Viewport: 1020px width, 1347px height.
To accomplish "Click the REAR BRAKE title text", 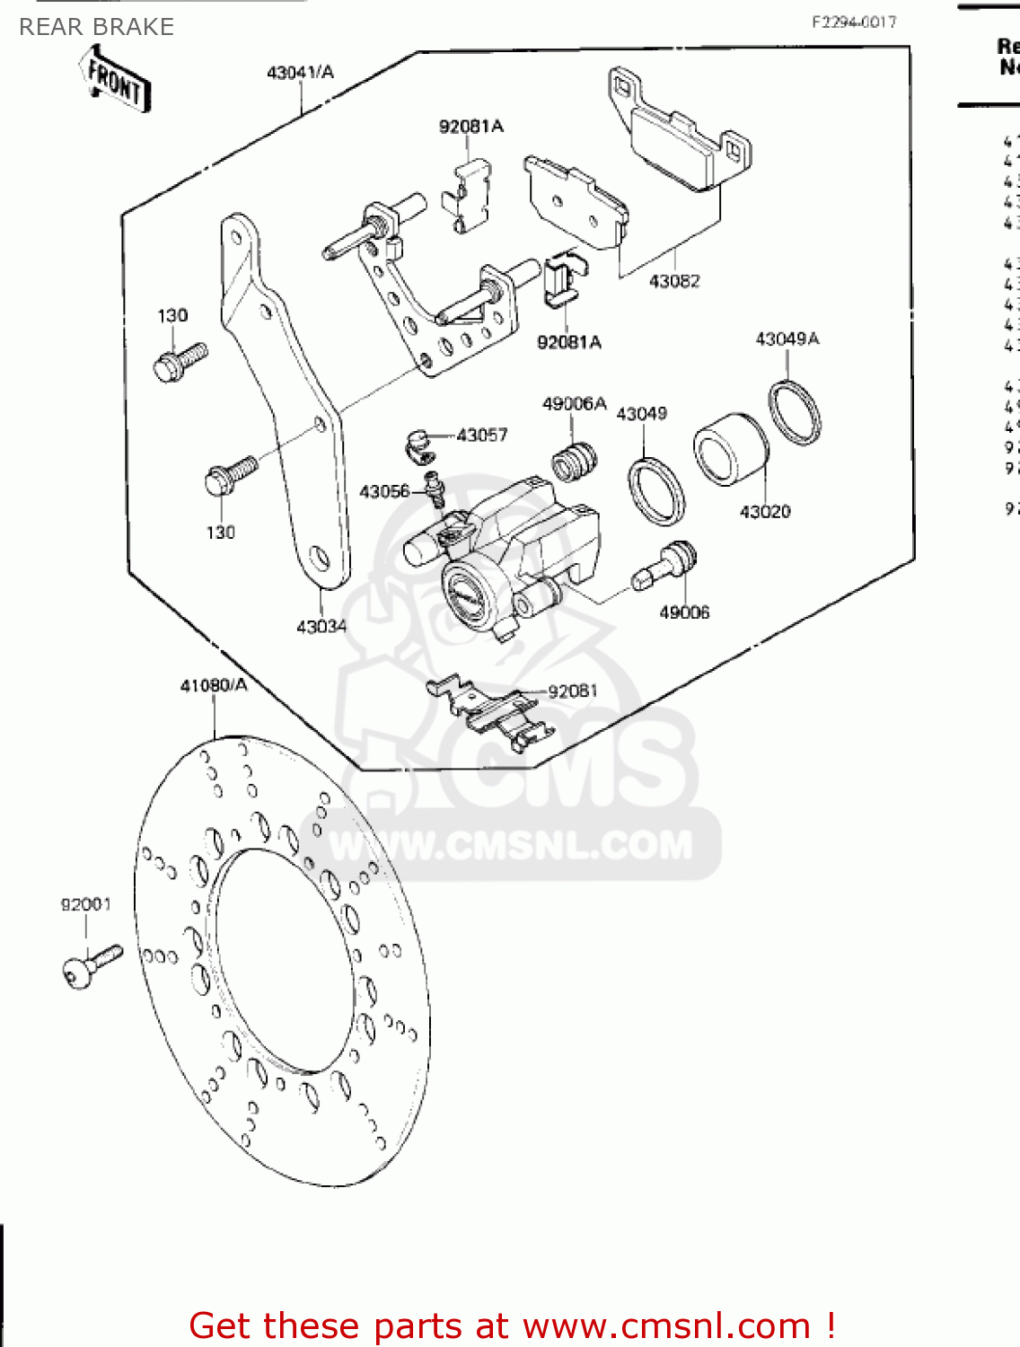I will [x=96, y=27].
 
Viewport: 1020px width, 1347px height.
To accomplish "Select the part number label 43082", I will [x=674, y=281].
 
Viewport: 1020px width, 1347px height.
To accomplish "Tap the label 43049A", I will [x=787, y=339].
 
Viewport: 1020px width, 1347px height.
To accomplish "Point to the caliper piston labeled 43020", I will [x=729, y=449].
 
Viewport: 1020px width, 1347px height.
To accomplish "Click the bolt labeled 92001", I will [x=89, y=964].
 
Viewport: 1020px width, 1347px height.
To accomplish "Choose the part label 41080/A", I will [x=214, y=685].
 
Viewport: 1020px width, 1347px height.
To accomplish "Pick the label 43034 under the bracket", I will [x=321, y=626].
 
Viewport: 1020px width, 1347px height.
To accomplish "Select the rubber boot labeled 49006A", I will [x=575, y=460].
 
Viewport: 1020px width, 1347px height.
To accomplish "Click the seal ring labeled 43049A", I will [x=795, y=412].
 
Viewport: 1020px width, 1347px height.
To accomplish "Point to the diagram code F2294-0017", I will [x=854, y=22].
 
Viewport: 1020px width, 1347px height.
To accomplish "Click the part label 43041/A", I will [x=300, y=72].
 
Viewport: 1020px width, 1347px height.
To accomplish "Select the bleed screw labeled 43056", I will [x=435, y=489].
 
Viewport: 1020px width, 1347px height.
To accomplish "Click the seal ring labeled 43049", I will [x=655, y=490].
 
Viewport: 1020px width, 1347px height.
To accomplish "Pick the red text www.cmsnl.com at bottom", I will [x=666, y=1325].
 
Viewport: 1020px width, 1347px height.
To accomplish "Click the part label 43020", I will [x=765, y=512].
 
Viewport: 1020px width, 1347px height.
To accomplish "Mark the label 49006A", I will [x=574, y=404].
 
